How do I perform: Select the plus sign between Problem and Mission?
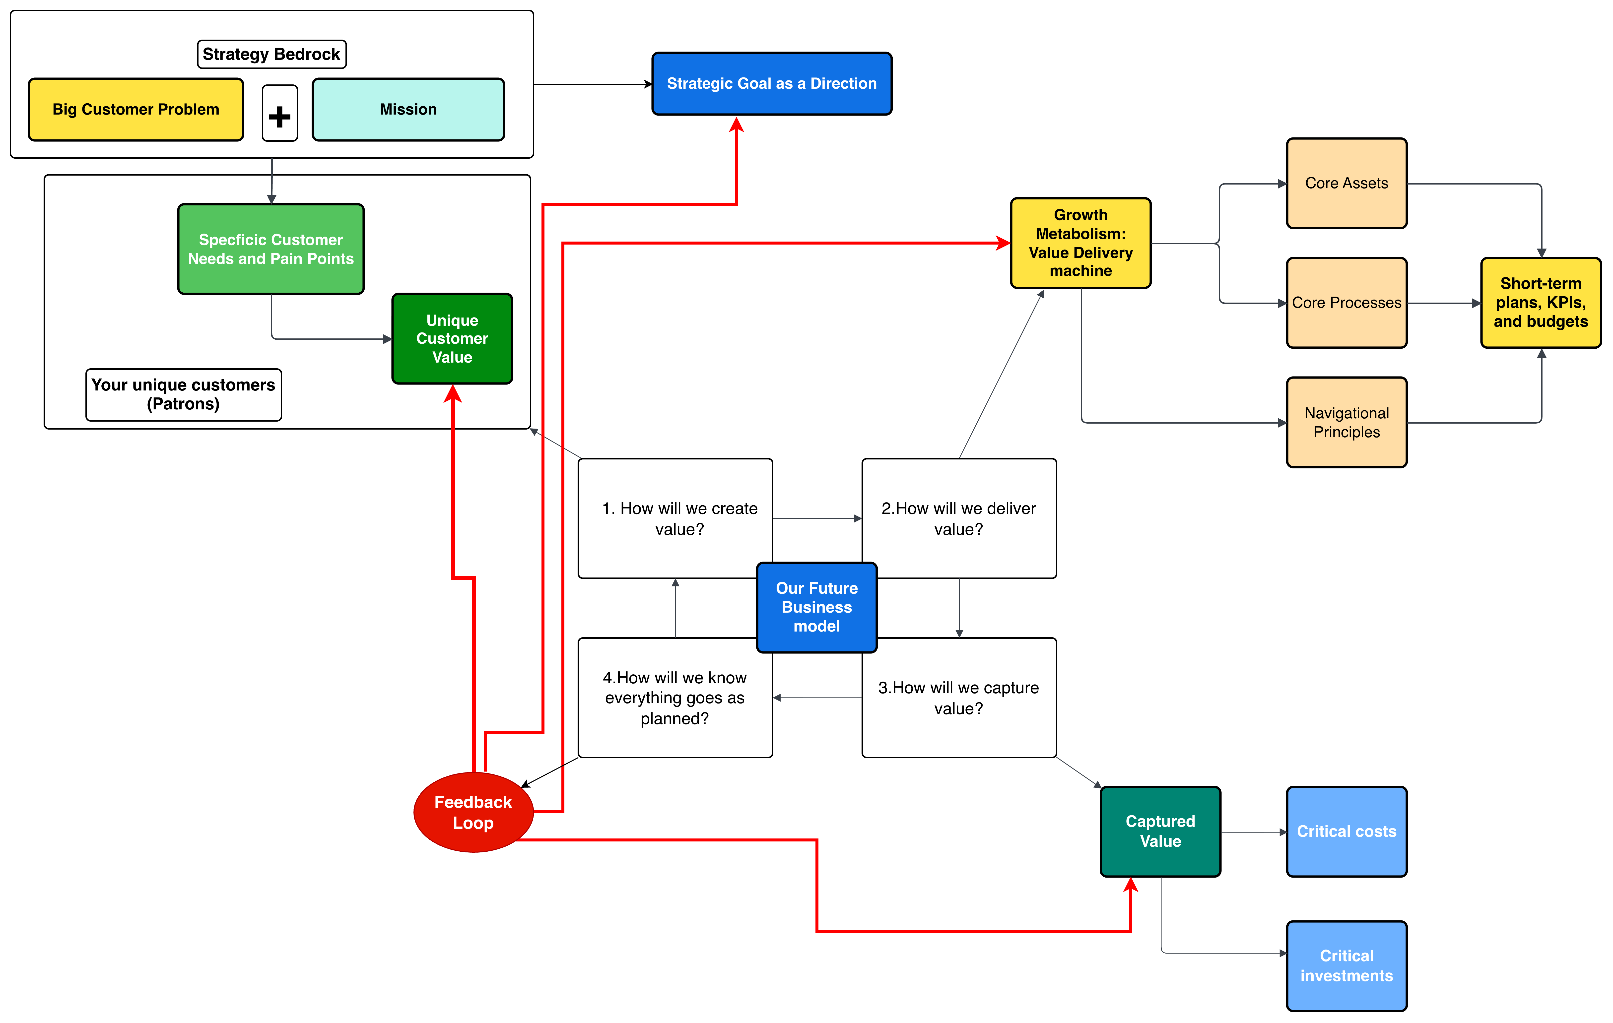tap(280, 113)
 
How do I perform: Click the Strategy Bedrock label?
tap(272, 54)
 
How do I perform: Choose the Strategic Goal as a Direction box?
tap(772, 84)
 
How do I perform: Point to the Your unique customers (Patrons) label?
tap(184, 395)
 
